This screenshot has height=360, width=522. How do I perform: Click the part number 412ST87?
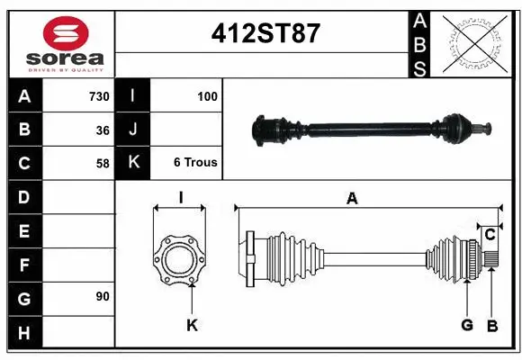[x=265, y=33]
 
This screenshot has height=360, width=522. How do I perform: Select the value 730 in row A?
[x=98, y=96]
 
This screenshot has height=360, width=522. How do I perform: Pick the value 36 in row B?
[x=103, y=130]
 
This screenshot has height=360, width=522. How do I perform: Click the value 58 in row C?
[x=103, y=163]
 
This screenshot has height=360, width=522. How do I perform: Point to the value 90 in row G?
[x=103, y=296]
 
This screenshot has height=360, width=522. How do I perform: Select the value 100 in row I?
[x=207, y=96]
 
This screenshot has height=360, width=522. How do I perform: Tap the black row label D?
[x=24, y=196]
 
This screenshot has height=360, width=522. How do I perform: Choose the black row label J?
[x=133, y=130]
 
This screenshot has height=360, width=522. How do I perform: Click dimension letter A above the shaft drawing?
[x=352, y=199]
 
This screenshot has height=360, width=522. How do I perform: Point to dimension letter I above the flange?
[x=180, y=197]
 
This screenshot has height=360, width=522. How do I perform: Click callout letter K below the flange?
[x=191, y=325]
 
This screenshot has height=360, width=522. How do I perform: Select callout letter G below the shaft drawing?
[x=467, y=325]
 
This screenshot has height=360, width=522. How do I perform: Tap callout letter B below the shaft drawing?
[x=492, y=325]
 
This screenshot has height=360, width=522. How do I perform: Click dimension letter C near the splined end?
[x=490, y=235]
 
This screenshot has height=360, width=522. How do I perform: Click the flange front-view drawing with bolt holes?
[x=180, y=259]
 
